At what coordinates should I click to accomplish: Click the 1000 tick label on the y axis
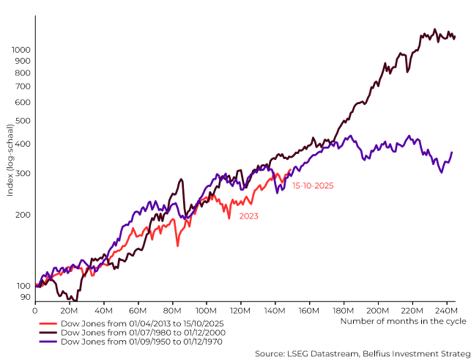pyautogui.click(x=21, y=50)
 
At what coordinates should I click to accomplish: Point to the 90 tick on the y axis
pyautogui.click(x=25, y=297)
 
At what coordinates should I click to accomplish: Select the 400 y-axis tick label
pyautogui.click(x=23, y=144)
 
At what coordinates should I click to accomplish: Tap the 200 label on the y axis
pyautogui.click(x=23, y=215)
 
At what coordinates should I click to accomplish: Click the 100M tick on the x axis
pyautogui.click(x=206, y=310)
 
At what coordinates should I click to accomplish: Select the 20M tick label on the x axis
pyautogui.click(x=69, y=310)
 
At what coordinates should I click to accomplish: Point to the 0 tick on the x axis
pyautogui.click(x=34, y=310)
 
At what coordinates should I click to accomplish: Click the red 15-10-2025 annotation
pyautogui.click(x=313, y=186)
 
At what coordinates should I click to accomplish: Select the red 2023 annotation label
pyautogui.click(x=248, y=216)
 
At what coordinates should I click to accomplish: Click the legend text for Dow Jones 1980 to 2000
pyautogui.click(x=141, y=332)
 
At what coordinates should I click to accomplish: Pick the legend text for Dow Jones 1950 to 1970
pyautogui.click(x=141, y=341)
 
